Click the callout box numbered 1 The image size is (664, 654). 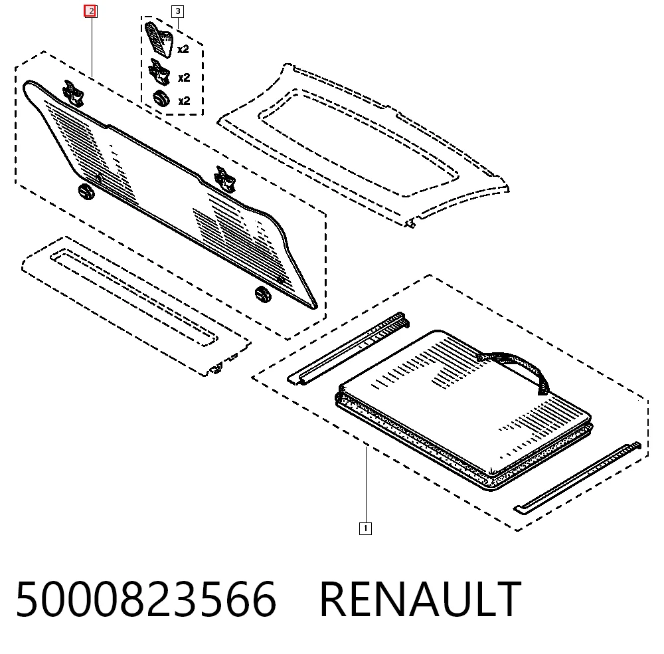(x=365, y=528)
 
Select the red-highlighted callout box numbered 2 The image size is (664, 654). (x=91, y=11)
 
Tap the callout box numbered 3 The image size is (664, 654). (x=178, y=11)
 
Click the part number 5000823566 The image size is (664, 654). (x=146, y=599)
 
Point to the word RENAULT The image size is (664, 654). (x=420, y=599)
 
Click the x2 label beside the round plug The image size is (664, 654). (x=184, y=101)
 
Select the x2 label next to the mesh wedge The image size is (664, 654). (x=183, y=49)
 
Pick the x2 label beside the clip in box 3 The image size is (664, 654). (x=184, y=78)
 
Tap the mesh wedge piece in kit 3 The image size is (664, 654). (x=159, y=39)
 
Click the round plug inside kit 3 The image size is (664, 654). (x=161, y=99)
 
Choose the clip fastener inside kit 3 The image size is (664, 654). (x=159, y=72)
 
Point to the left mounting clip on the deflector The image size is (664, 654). (x=73, y=93)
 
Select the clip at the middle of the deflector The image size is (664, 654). (x=224, y=179)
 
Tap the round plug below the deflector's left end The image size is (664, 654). (x=87, y=191)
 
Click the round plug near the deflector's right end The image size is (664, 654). (x=263, y=294)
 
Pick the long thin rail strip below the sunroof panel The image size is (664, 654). (x=577, y=478)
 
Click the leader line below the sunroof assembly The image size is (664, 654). (x=367, y=484)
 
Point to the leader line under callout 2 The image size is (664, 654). (x=92, y=47)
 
